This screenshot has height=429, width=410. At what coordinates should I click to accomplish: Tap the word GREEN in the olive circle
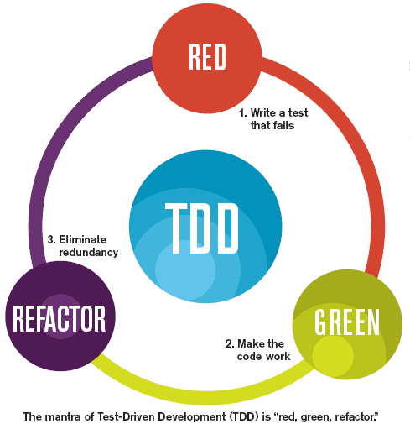point(347,321)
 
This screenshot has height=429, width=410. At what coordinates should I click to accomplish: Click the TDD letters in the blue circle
point(202,225)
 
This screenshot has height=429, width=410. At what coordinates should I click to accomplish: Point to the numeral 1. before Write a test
point(243,112)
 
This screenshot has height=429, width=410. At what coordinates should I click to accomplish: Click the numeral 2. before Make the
point(229,343)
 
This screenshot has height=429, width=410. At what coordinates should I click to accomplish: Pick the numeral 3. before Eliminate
point(52,239)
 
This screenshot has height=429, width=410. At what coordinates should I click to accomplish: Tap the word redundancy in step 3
point(88,252)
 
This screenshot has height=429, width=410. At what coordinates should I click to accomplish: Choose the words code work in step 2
point(262,356)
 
